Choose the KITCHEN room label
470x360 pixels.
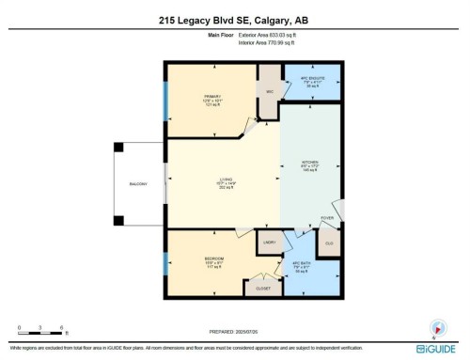point(309,163)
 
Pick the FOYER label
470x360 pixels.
point(327,218)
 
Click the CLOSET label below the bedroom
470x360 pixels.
point(262,289)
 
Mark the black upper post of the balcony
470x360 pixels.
point(117,147)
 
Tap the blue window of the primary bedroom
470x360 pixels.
point(166,100)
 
